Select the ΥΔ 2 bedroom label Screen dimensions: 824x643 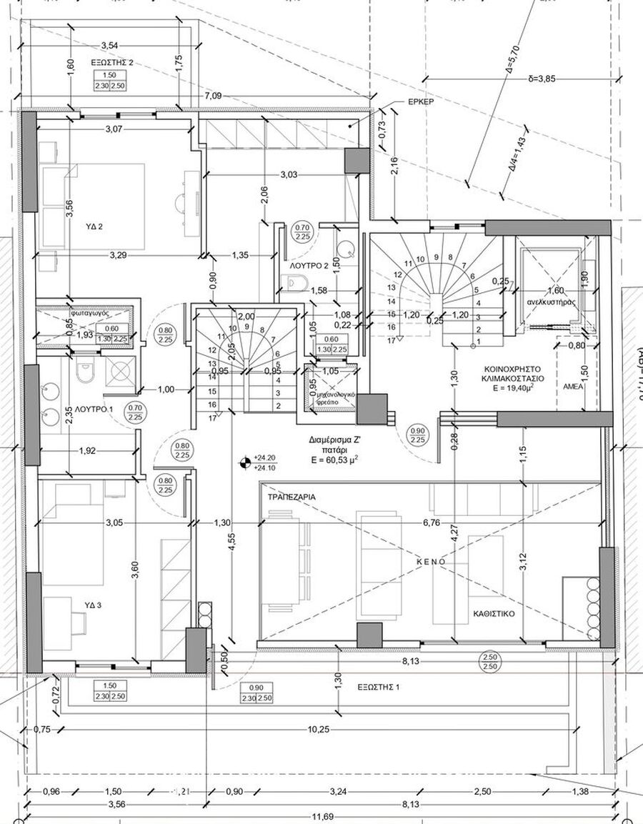point(94,227)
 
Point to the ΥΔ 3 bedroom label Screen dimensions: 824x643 point(94,605)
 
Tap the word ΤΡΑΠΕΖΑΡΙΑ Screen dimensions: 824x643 point(292,496)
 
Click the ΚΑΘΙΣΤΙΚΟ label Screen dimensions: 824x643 point(494,613)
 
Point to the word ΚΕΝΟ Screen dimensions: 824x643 point(432,562)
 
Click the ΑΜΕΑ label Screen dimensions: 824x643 point(574,385)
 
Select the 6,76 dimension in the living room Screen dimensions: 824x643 point(431,523)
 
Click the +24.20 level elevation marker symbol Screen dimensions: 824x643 point(246,463)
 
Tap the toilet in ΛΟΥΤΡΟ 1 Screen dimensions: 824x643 point(85,372)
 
